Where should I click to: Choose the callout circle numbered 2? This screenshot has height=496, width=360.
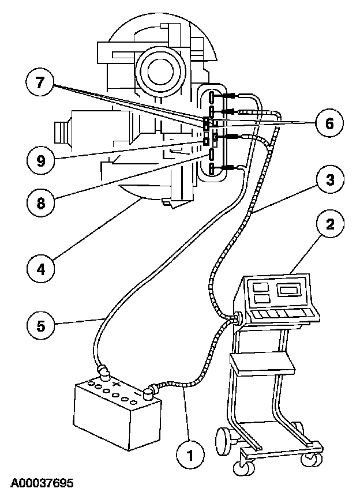pos(328,224)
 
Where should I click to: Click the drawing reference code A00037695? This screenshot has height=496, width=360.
pos(41,482)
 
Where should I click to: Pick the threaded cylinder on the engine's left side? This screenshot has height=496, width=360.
pos(62,132)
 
